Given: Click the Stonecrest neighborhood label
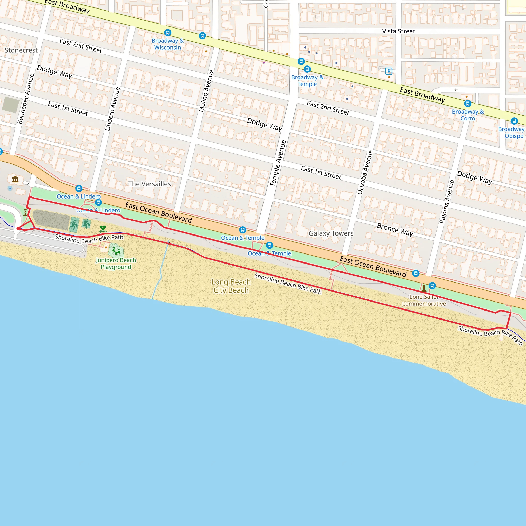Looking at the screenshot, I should click(x=21, y=50).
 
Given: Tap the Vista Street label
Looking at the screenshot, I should click(x=398, y=31).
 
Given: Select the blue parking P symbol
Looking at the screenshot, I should click(x=389, y=71).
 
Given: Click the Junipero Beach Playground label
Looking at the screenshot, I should click(x=116, y=264).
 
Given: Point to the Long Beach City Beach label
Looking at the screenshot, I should click(x=231, y=286).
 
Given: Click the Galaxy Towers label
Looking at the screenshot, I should click(x=331, y=233).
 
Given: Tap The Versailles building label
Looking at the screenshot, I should click(x=149, y=184).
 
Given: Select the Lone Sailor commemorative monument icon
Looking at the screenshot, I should click(x=424, y=288).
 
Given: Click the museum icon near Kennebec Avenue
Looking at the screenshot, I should click(x=15, y=179).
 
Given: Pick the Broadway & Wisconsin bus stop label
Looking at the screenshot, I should click(x=168, y=44).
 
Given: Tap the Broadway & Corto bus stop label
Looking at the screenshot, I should click(x=468, y=115).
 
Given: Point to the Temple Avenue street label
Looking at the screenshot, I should click(x=278, y=163).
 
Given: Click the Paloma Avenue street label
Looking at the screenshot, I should click(x=447, y=201).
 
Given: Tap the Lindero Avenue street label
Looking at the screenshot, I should click(x=113, y=109).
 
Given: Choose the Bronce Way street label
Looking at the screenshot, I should click(x=395, y=229).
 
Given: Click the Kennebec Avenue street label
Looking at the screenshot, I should click(x=26, y=99).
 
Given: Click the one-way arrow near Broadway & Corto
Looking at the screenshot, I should click(x=456, y=90).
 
